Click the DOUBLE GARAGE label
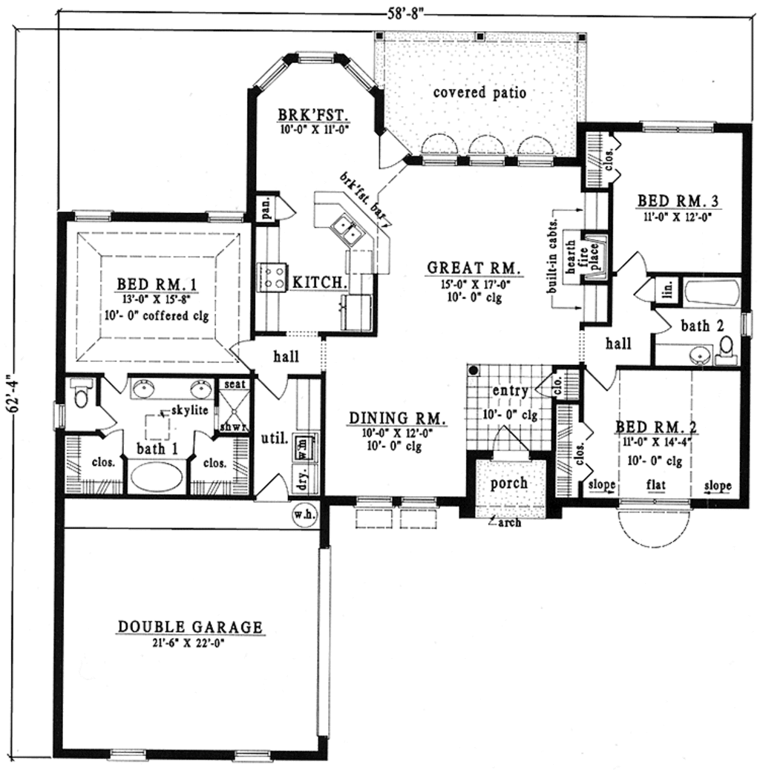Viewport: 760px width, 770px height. [190, 628]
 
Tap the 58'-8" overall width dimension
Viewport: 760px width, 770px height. [402, 12]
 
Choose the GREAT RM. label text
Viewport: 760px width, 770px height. [473, 268]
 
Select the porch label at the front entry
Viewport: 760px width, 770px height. [509, 483]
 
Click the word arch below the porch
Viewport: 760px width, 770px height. [510, 522]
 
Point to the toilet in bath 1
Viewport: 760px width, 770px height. [81, 392]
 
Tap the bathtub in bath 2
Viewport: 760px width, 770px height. [711, 294]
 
